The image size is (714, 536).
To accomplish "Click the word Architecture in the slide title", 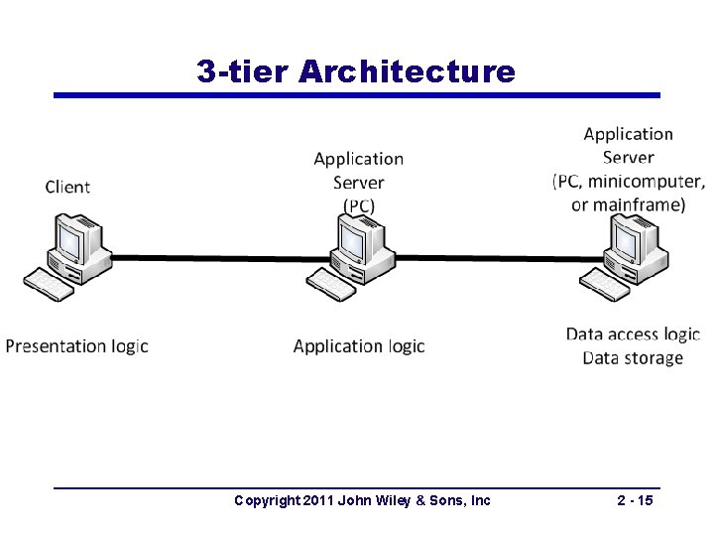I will [406, 71].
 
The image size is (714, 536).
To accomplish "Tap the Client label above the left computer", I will [67, 187].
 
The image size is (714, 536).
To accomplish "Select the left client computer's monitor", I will [71, 238].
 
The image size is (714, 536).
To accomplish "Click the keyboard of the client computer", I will [49, 284].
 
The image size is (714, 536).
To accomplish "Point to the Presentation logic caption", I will [76, 346].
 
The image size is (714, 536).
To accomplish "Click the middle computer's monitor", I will [352, 238].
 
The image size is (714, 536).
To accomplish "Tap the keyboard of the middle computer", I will [330, 284].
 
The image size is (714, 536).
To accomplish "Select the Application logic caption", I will [359, 346].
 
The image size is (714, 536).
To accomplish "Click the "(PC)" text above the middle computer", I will [359, 205].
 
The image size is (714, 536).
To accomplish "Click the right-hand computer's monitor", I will [627, 238].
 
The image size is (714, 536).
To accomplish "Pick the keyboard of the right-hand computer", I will [604, 284].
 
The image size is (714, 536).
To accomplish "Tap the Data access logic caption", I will [633, 335].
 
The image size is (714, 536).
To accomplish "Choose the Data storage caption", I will [633, 358].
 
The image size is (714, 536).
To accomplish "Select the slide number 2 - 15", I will [635, 500].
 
